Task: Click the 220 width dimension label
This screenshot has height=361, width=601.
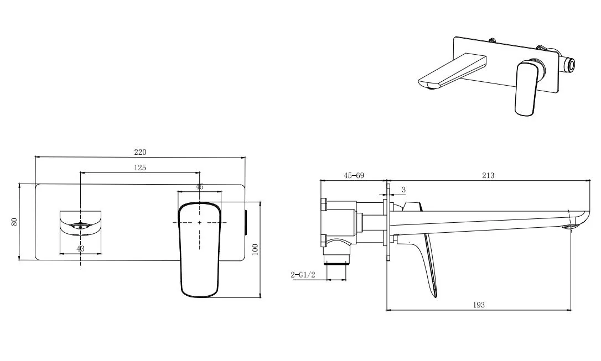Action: [140, 152]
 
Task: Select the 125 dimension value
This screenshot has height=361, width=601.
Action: [140, 168]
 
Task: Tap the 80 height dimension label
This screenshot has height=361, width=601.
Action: [15, 221]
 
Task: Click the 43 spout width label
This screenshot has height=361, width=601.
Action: [81, 249]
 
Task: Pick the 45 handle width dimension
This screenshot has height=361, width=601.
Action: [200, 187]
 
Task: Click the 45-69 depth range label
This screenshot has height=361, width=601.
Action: [354, 175]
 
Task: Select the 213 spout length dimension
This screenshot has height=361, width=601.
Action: [488, 175]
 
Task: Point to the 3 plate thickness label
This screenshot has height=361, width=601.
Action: [403, 190]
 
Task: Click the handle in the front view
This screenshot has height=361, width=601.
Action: [199, 249]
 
